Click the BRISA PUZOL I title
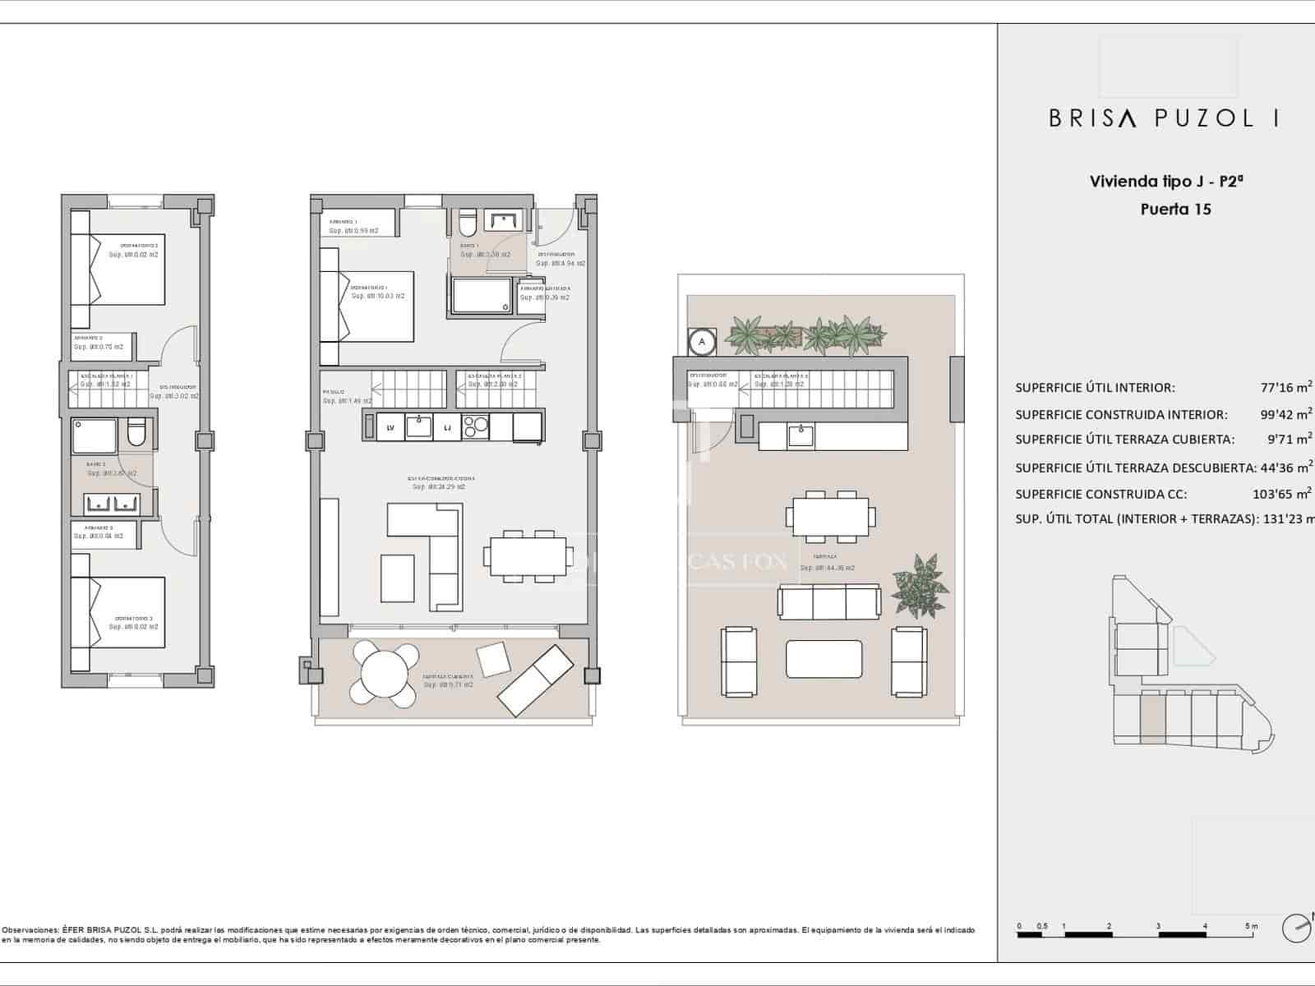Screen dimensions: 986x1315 (x=1163, y=118)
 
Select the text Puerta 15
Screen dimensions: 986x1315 (x=1175, y=209)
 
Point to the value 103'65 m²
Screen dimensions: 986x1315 (x=1282, y=494)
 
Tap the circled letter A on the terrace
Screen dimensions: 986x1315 (x=702, y=340)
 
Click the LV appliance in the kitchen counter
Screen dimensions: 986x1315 (x=390, y=427)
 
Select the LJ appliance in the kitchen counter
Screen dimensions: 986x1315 (x=447, y=427)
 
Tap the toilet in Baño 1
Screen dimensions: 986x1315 (x=467, y=223)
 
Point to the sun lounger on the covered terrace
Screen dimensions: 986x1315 (x=534, y=679)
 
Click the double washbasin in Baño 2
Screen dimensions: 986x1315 (x=111, y=502)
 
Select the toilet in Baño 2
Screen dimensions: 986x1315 (x=137, y=432)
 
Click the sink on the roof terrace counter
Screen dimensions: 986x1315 (x=801, y=435)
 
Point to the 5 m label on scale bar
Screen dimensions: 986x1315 (x=1251, y=926)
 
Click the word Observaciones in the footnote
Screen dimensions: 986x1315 (x=30, y=930)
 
